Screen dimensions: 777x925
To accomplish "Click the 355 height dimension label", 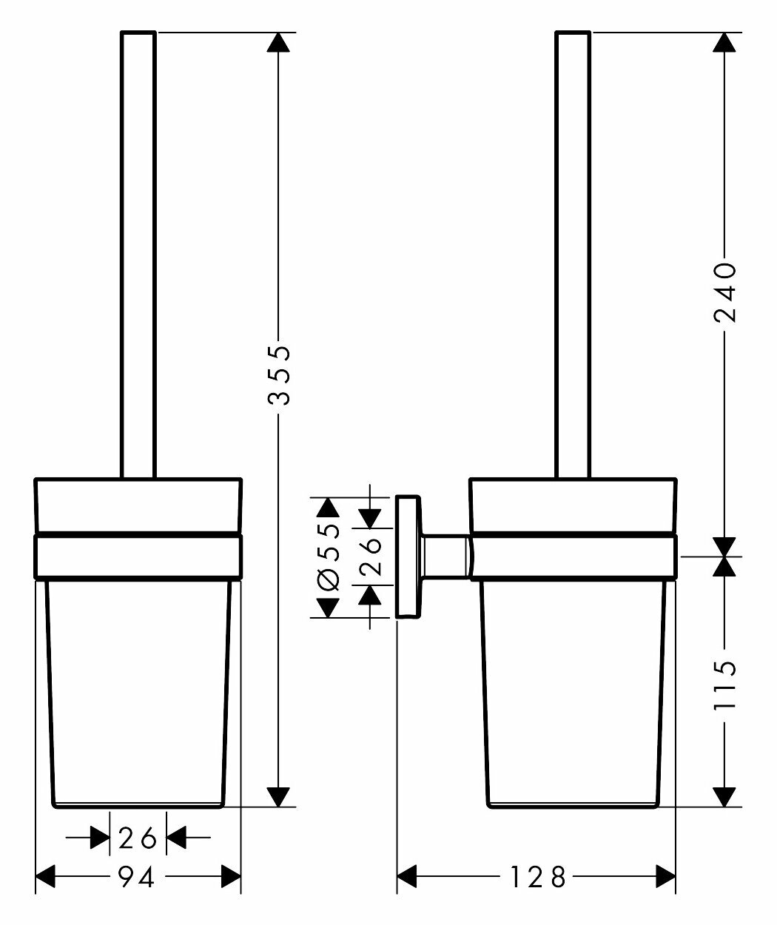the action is coord(278,374).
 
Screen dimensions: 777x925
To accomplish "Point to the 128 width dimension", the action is coord(537,878).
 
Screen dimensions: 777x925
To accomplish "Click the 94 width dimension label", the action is coord(137,878).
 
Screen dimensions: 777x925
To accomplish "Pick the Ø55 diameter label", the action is coord(327,556).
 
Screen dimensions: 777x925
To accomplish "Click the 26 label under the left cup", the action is coord(138,838).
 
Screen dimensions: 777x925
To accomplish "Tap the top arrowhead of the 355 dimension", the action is coord(278,42).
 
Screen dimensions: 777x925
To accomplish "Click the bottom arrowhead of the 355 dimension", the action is coord(278,796).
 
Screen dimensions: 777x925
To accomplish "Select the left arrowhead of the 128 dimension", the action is coord(409,878).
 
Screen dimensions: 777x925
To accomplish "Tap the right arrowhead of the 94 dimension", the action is coord(231,878).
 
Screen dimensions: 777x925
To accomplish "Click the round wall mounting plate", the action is coord(408,556).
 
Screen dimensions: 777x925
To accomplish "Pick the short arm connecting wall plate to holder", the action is coord(446,556).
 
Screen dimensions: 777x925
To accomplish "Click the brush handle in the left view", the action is coord(138,252).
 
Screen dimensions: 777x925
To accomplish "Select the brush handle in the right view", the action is coord(573,252).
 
